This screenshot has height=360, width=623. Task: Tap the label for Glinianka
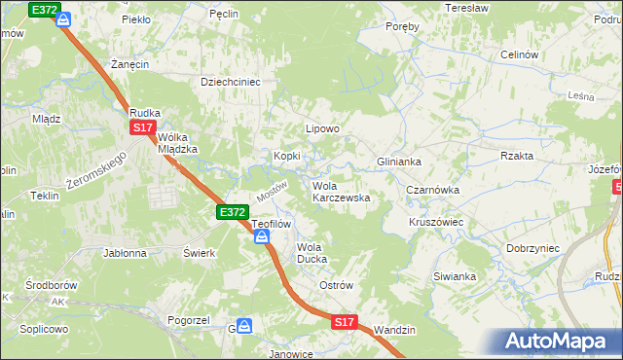coord(398,162)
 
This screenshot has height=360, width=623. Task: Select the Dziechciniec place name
coord(230,83)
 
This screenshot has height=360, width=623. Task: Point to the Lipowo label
coord(322,128)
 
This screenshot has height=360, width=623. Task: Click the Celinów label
coord(518,55)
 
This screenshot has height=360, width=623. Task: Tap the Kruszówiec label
coord(435,222)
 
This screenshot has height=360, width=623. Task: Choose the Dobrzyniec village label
coord(532,248)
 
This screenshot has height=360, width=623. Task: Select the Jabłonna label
coord(125,252)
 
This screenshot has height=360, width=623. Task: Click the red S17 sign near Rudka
coord(142,127)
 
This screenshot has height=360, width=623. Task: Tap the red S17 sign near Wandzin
coord(344,321)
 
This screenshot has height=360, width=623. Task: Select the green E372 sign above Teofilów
coord(232,211)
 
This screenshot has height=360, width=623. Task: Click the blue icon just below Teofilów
coord(262,236)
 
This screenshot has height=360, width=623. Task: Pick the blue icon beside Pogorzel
coord(244,327)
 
